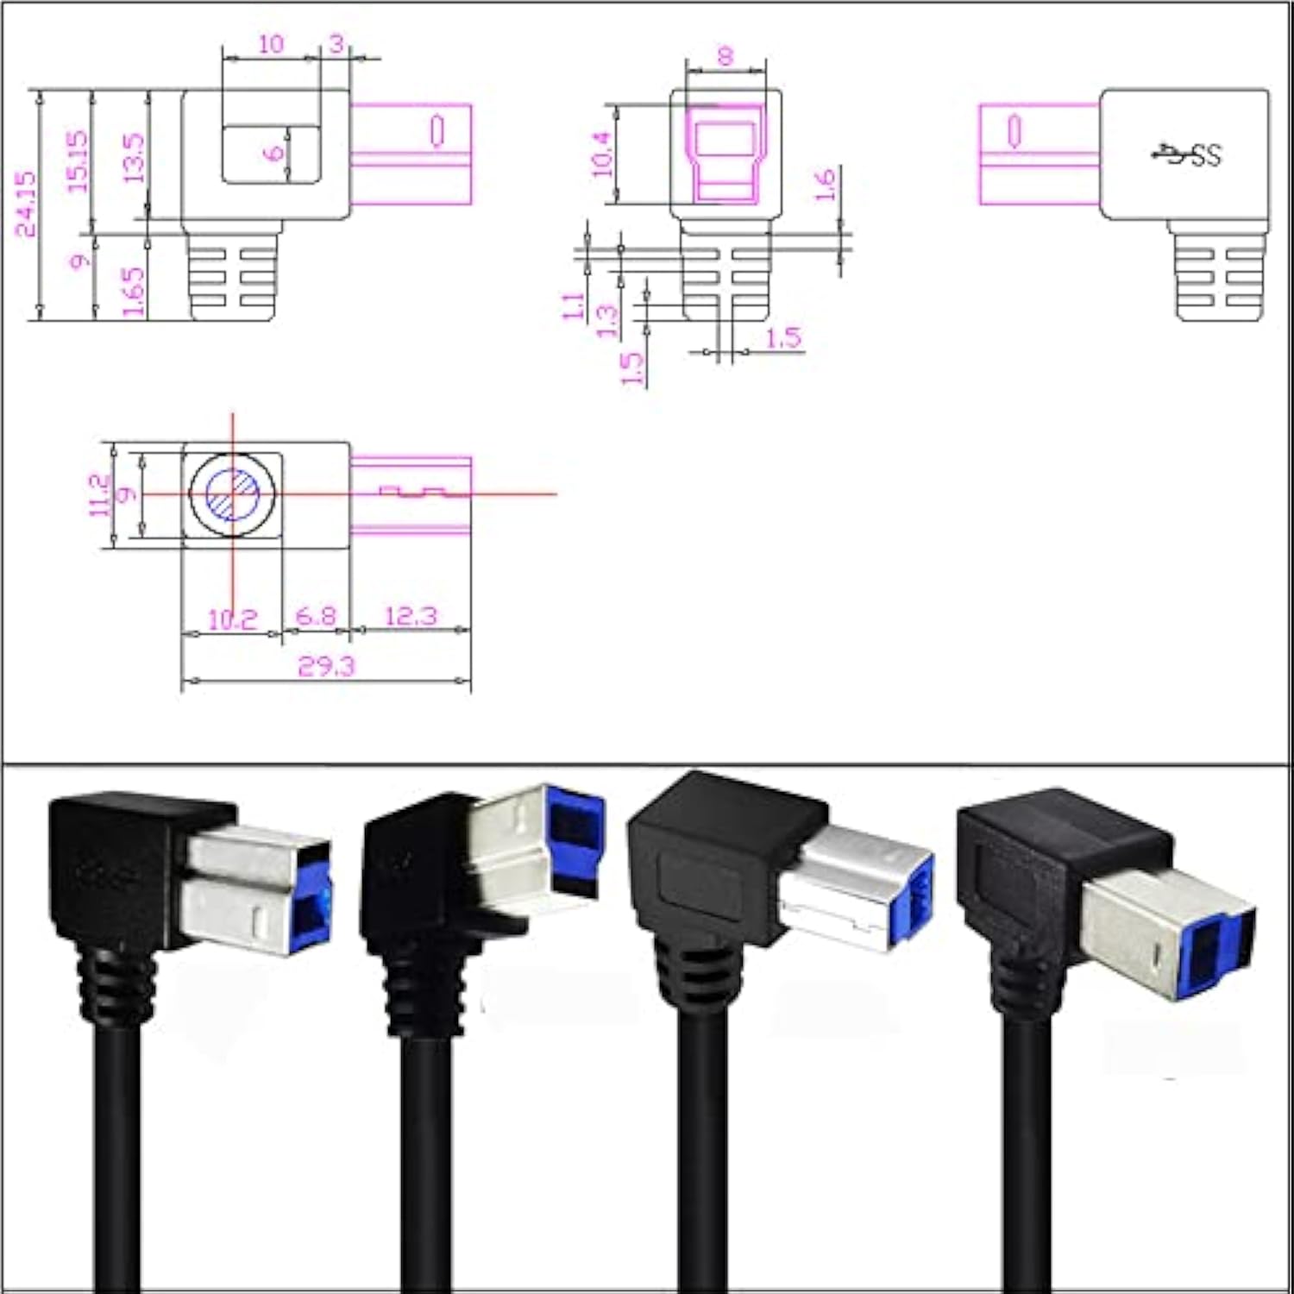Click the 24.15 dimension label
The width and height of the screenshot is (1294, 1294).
point(27,204)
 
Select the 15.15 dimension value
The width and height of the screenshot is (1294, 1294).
point(78,161)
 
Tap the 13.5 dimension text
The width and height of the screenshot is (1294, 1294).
point(134,157)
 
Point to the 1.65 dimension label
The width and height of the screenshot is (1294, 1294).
point(133,291)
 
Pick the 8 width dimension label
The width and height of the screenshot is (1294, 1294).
point(726,56)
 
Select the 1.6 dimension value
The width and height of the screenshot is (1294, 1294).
point(825,185)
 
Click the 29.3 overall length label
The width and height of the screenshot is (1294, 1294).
point(326,666)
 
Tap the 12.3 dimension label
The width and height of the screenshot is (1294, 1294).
point(411,616)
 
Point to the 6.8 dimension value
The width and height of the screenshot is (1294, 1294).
point(317,616)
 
